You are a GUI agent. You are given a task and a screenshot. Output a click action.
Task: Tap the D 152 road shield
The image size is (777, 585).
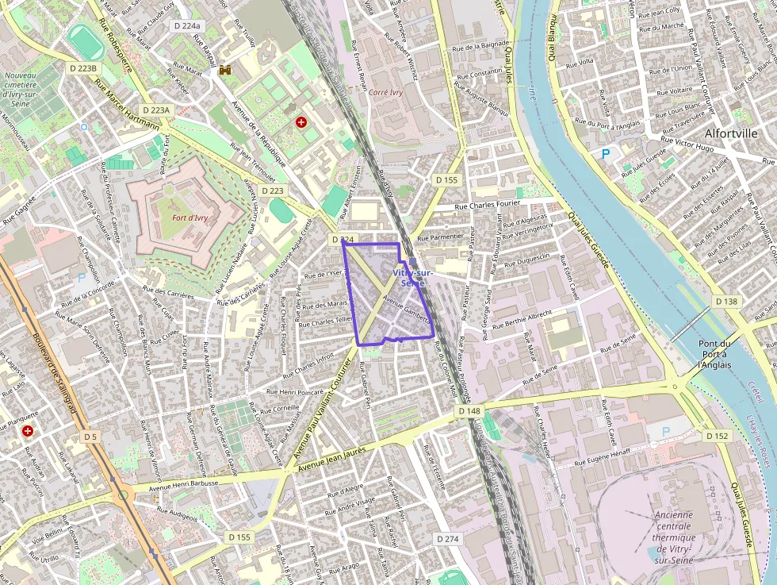coord(717,436)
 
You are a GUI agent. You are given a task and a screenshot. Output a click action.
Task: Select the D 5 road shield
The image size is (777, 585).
coord(90,437)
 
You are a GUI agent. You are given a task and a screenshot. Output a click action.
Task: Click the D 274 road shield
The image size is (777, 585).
coord(448,539)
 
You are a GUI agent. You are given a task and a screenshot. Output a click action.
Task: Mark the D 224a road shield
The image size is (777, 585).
coord(188,26)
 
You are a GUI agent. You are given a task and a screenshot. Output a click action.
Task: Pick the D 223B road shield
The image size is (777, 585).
coord(82,68)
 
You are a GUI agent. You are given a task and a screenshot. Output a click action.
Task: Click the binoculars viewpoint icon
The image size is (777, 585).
coord(225,70)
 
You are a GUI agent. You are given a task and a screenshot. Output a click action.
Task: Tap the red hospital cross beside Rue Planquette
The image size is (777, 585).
coord(28,431)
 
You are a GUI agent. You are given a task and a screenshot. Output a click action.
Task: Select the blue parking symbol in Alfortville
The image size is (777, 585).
coord(607,154)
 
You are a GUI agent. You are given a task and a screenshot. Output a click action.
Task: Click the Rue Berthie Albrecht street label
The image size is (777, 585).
coord(522,319)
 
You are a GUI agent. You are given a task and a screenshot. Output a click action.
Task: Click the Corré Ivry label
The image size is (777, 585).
coord(385,92)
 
